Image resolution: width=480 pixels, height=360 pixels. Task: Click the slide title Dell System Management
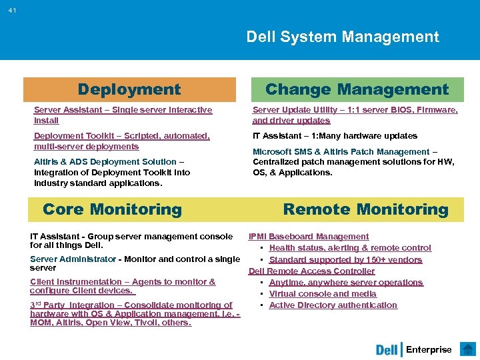coord(343,37)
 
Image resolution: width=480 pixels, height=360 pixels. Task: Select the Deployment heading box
coord(129,89)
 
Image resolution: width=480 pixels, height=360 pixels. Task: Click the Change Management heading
coord(357,89)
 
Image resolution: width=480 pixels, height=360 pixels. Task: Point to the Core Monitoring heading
coord(112,209)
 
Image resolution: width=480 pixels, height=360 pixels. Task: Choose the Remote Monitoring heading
coord(365,209)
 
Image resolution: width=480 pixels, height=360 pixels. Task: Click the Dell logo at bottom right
coord(387,349)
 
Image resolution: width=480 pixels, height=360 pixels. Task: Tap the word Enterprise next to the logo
coord(429,349)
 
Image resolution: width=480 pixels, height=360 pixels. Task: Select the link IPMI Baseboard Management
coord(308,237)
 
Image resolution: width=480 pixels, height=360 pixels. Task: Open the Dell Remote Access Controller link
coord(311,271)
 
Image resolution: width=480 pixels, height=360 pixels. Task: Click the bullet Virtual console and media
coord(323,294)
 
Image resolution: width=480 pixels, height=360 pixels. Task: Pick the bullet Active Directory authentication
coord(333,305)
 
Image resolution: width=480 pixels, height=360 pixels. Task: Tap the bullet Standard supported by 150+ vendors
coord(345,260)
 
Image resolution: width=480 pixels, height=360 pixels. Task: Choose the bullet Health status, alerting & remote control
coord(350,248)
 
